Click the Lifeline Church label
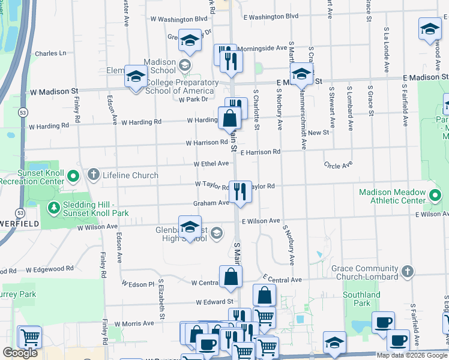130,175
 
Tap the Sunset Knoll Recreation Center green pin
73,176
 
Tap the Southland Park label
361,299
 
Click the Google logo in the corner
20,353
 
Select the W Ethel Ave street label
211,164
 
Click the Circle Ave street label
337,165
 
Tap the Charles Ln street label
50,53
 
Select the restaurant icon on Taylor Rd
240,192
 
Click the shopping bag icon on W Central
231,277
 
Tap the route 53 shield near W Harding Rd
22,112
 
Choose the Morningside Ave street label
262,48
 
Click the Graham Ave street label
211,203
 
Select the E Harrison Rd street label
261,152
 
